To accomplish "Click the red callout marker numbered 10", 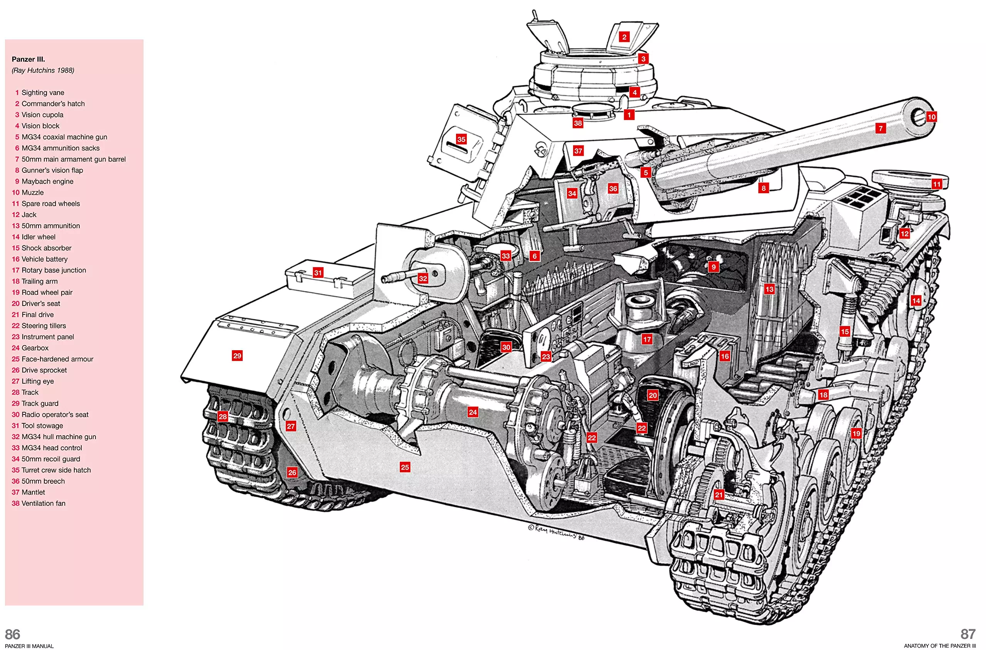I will coord(931,117).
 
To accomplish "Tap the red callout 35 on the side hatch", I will coord(461,139).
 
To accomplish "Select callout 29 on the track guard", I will coord(237,356).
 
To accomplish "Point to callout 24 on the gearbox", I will coord(473,412).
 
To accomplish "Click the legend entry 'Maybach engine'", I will coord(47,182).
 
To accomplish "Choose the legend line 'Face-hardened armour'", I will coord(57,359).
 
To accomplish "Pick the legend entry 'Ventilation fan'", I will coord(43,503).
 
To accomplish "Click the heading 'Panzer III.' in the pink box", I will coord(28,59).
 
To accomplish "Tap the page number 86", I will coord(12,634).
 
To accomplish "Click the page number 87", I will coord(968,634).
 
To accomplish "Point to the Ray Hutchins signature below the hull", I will coord(556,532).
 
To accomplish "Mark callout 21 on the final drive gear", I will coord(719,495).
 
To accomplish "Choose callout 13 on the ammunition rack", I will coord(770,289).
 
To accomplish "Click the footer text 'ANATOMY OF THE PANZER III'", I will coord(939,646).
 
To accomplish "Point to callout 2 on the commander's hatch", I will coord(624,37).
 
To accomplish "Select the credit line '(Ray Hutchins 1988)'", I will coord(43,70).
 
